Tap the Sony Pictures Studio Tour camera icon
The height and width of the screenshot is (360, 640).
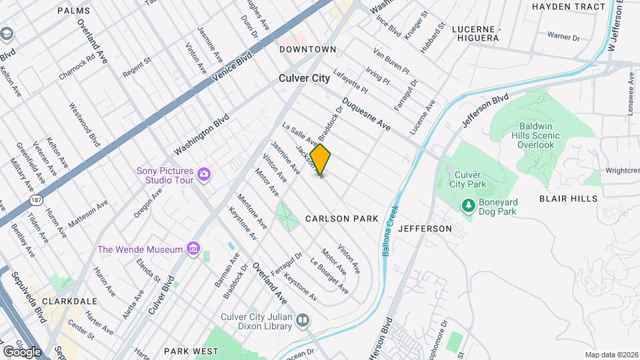tap(204, 175)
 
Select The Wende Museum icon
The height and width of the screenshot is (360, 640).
tap(193, 249)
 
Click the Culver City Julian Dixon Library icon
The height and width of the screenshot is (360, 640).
tap(303, 321)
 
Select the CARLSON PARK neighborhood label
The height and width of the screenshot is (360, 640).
tap(342, 219)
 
